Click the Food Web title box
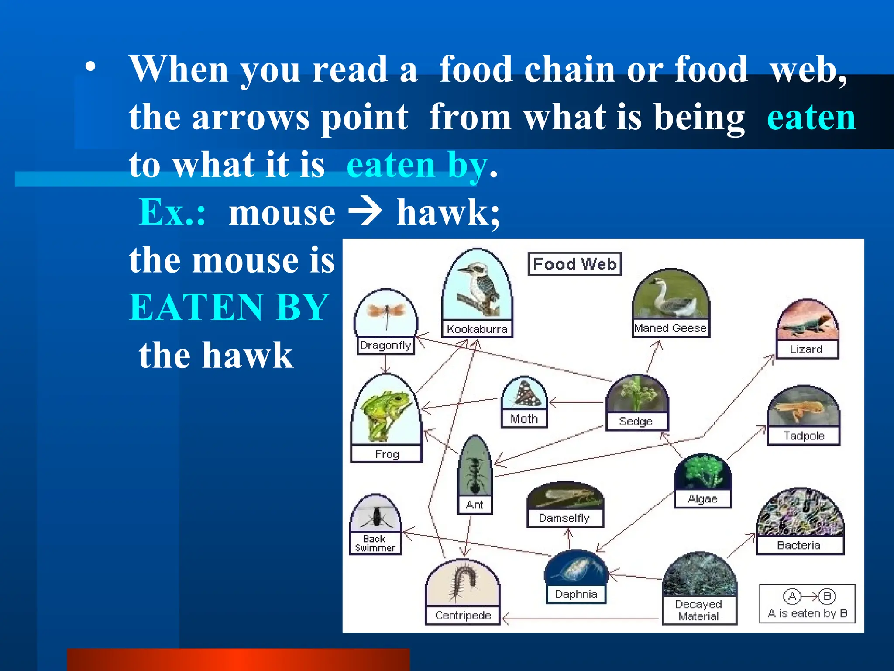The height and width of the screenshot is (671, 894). pos(574,264)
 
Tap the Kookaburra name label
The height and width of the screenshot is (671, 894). pos(477,329)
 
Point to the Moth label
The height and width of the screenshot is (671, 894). pos(524,419)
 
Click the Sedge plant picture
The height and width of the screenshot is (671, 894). pos(636,393)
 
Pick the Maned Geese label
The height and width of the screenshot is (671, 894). pos(670,328)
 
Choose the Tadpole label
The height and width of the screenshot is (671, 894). pos(804,436)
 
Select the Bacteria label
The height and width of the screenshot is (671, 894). pos(799,545)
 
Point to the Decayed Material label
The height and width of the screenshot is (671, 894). pos(698,610)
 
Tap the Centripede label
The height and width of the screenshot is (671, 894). pos(463,616)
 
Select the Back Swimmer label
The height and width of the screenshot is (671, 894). pos(375,543)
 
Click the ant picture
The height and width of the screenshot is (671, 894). pos(475,467)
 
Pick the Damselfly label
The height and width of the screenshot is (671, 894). pos(564,518)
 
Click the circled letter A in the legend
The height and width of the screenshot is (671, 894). pos(792,596)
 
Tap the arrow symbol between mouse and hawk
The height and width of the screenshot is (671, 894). pos(366,212)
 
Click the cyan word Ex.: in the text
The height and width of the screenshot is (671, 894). pos(172,212)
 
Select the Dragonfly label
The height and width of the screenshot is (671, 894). pos(385,346)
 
